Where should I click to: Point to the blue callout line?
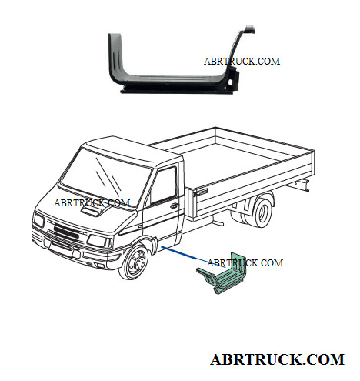point(194,257)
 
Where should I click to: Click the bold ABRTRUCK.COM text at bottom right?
point(277,359)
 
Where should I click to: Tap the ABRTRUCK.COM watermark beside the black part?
point(242,62)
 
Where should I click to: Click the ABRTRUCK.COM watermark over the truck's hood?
point(92,202)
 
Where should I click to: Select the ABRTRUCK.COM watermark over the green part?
point(245,262)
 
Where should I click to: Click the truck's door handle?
point(175,206)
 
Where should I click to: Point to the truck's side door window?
point(164,185)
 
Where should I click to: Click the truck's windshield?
point(105,177)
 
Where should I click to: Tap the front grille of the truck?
point(66,231)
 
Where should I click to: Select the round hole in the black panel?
point(230,82)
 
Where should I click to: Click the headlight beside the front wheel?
point(100,241)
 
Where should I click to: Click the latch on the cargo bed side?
point(201,192)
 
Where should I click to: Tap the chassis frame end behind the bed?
point(302,185)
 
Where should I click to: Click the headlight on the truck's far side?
point(39,221)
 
